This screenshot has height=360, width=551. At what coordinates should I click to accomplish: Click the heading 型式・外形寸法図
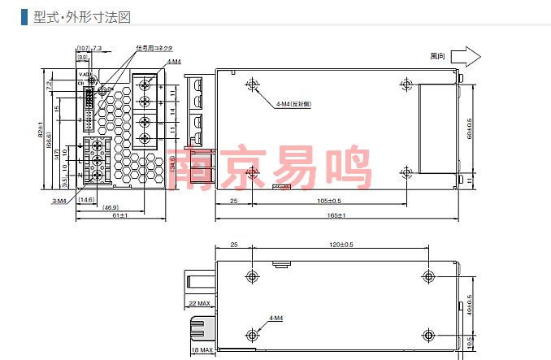(x=81, y=17)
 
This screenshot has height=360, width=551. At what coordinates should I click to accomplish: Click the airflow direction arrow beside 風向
(x=466, y=56)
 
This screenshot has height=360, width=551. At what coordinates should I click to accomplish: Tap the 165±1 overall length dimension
(x=336, y=215)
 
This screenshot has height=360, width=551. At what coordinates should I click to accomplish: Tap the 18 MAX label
(x=202, y=350)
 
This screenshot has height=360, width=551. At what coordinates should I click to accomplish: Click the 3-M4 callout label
(x=59, y=200)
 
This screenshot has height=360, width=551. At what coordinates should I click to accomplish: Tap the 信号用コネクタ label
(x=154, y=48)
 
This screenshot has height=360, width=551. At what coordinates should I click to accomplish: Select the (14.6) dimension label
(x=85, y=199)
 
